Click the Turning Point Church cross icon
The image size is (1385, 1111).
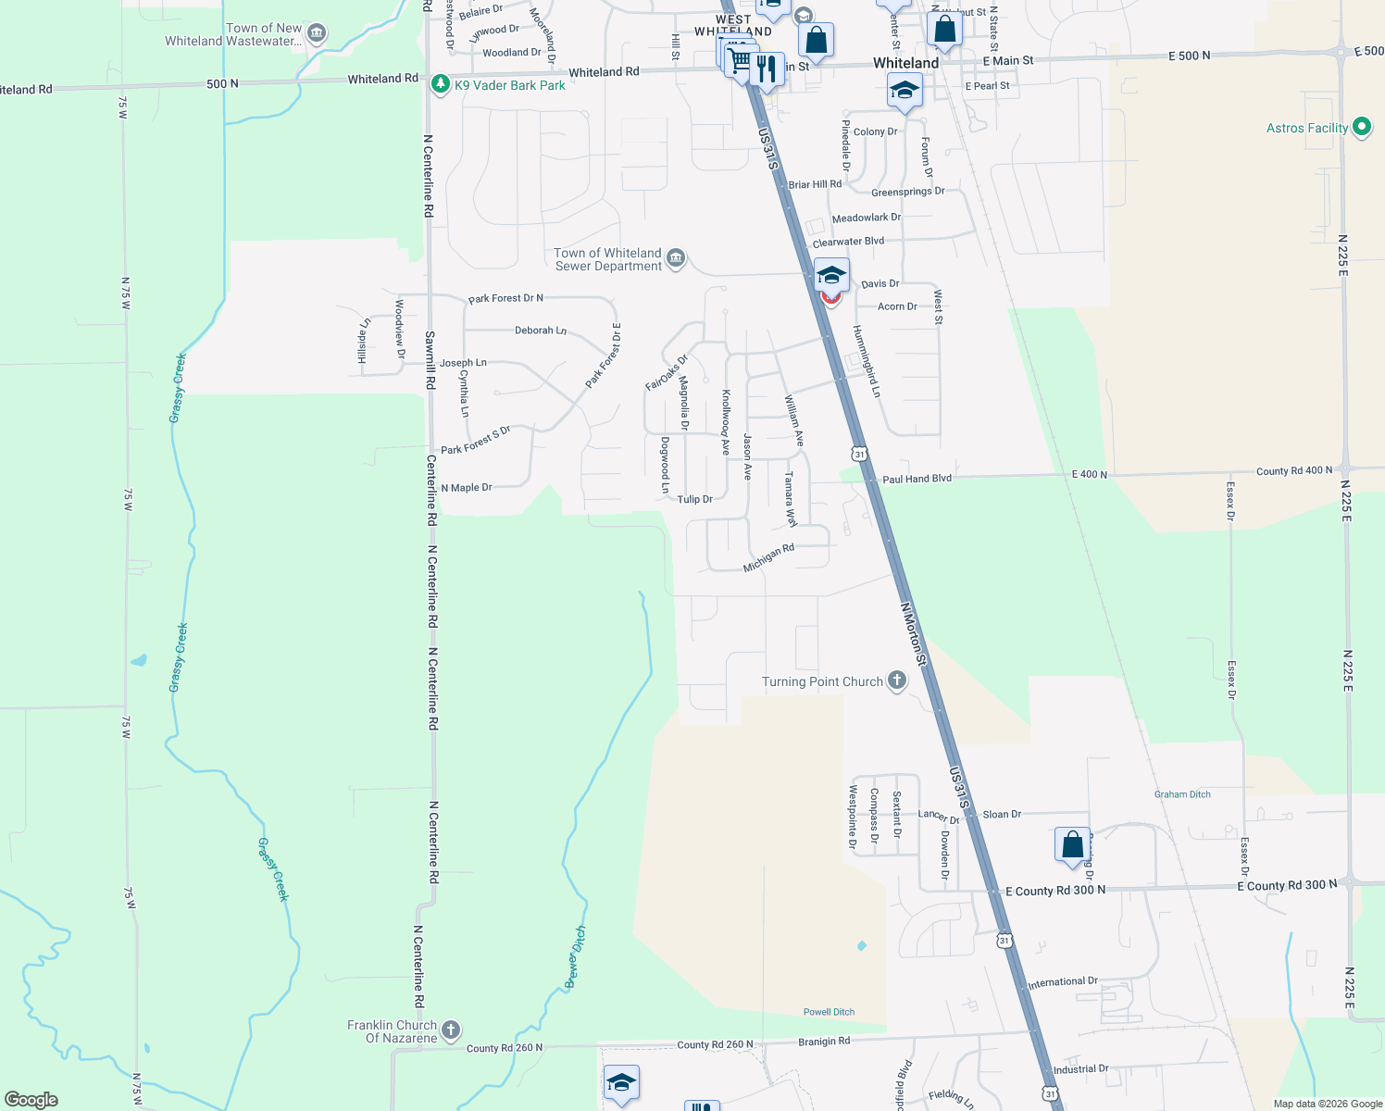[x=896, y=680]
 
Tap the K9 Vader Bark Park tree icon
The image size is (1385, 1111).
[x=441, y=84]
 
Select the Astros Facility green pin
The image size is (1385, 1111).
[x=1361, y=127]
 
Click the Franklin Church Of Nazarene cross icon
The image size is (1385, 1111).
[x=450, y=1030]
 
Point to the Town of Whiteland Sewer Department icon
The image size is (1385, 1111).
[x=676, y=258]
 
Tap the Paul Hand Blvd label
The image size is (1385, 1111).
[x=917, y=479]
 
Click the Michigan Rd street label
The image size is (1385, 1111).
[x=768, y=557]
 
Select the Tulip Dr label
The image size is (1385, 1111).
[x=694, y=499]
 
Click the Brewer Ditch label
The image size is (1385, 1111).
[x=575, y=957]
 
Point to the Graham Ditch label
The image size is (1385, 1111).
[x=1182, y=794]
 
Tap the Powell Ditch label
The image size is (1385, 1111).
[x=829, y=1012]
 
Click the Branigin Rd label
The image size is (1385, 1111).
[x=824, y=1042]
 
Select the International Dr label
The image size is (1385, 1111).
[x=1063, y=982]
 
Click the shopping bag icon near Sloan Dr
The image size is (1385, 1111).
[x=1072, y=844]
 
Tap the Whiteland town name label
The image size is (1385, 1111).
[x=905, y=63]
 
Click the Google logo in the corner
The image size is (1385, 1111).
[x=31, y=1099]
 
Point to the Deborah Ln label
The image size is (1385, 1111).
[x=541, y=331]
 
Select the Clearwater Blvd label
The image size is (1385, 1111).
[x=848, y=242]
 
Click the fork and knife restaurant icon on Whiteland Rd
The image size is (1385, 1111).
[x=766, y=69]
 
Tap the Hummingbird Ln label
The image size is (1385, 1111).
[x=867, y=361]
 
